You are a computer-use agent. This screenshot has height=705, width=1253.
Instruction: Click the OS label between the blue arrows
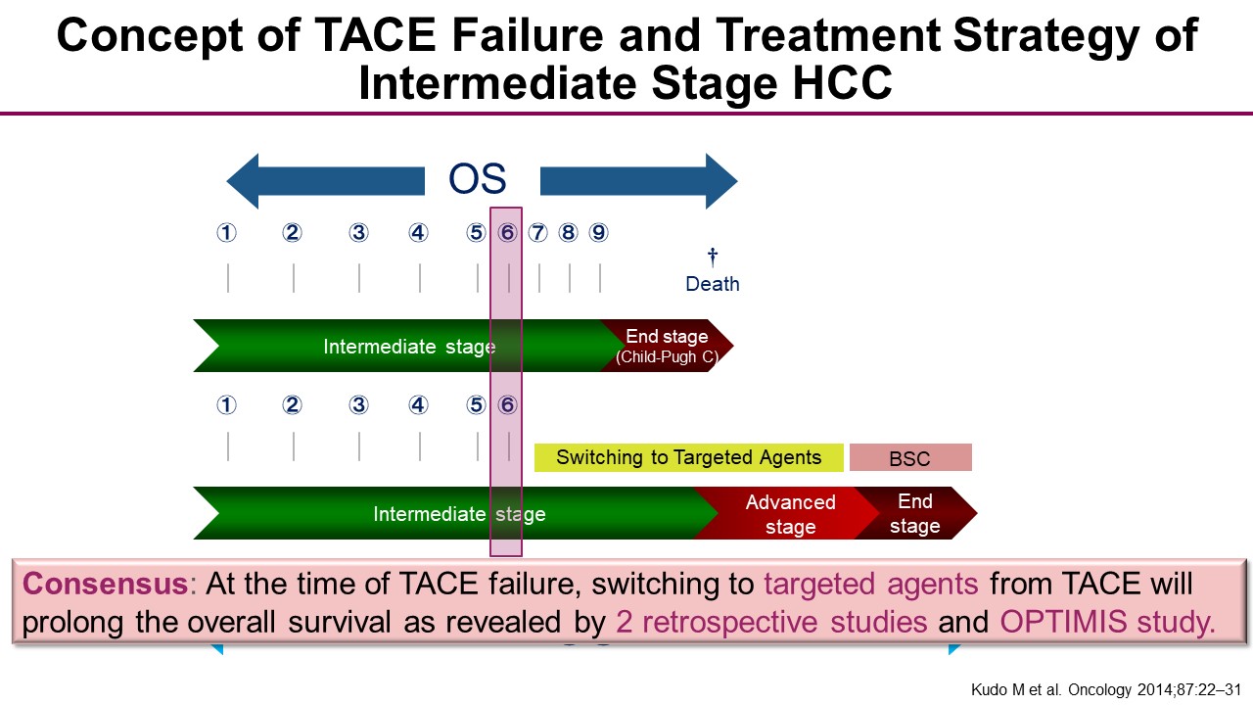(477, 178)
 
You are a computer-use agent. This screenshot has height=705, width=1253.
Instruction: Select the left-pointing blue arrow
(326, 181)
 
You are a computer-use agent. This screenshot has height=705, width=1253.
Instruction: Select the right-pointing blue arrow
(639, 181)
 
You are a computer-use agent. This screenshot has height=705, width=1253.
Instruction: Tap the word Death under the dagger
(713, 284)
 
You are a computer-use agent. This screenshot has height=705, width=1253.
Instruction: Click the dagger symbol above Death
(713, 257)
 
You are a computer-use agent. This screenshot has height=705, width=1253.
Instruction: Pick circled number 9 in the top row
(598, 232)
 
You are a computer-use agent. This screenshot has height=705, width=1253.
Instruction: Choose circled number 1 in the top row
(226, 232)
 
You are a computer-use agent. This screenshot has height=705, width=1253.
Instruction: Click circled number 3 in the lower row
(358, 404)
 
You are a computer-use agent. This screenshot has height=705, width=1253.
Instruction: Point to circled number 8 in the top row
(569, 232)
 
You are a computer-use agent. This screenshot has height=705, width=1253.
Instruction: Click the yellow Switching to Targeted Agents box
(688, 457)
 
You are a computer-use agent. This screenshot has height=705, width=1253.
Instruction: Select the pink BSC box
(910, 457)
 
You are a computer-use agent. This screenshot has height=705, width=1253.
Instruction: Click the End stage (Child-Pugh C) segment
(667, 346)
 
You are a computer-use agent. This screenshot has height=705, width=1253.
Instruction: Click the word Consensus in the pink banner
(105, 584)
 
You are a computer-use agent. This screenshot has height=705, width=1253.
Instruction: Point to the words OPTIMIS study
(1107, 622)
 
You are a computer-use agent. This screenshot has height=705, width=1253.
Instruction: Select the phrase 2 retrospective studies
(771, 622)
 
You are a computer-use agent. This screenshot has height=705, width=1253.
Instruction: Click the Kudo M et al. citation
(1106, 690)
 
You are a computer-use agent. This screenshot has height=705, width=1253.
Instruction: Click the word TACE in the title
(375, 34)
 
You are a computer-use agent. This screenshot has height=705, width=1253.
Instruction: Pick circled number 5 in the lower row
(476, 404)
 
